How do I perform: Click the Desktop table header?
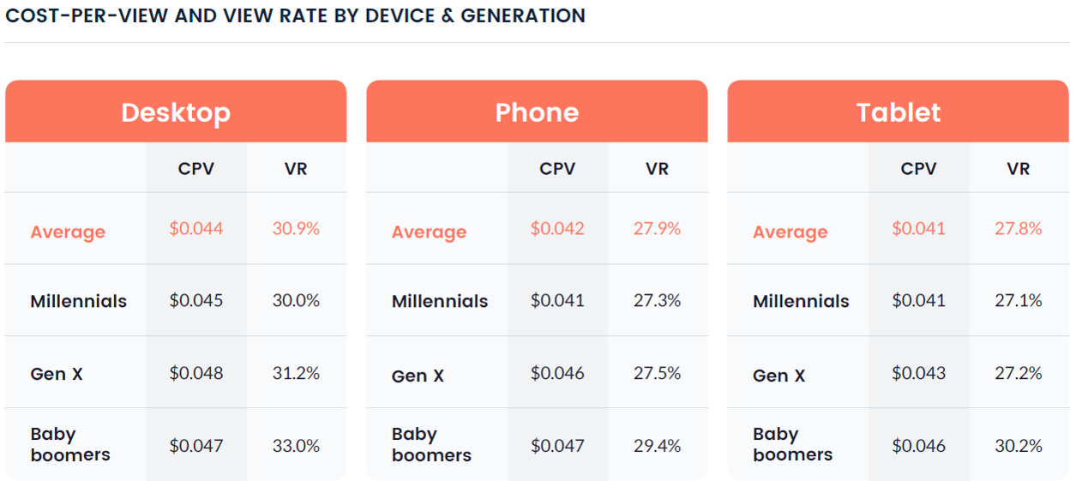(x=176, y=112)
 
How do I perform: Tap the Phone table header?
(x=537, y=112)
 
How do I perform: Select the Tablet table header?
(x=899, y=112)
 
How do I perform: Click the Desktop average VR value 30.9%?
(x=296, y=229)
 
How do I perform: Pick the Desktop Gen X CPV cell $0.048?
(x=196, y=374)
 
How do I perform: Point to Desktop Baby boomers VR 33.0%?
(x=296, y=446)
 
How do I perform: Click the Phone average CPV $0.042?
(x=557, y=229)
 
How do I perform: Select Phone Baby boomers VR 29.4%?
(x=657, y=446)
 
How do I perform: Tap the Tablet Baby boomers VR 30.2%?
(x=1019, y=446)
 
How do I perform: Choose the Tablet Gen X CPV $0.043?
(x=919, y=374)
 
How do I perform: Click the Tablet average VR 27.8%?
(x=1019, y=229)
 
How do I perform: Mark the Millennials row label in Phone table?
(x=440, y=302)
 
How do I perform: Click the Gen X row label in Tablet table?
(x=779, y=376)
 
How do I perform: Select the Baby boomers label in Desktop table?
(x=70, y=444)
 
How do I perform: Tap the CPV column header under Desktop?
(x=196, y=169)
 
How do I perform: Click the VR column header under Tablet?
(x=1019, y=169)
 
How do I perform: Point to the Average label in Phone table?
(x=429, y=232)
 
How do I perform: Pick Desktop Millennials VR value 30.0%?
(x=296, y=301)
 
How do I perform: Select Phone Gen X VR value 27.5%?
(x=657, y=374)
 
